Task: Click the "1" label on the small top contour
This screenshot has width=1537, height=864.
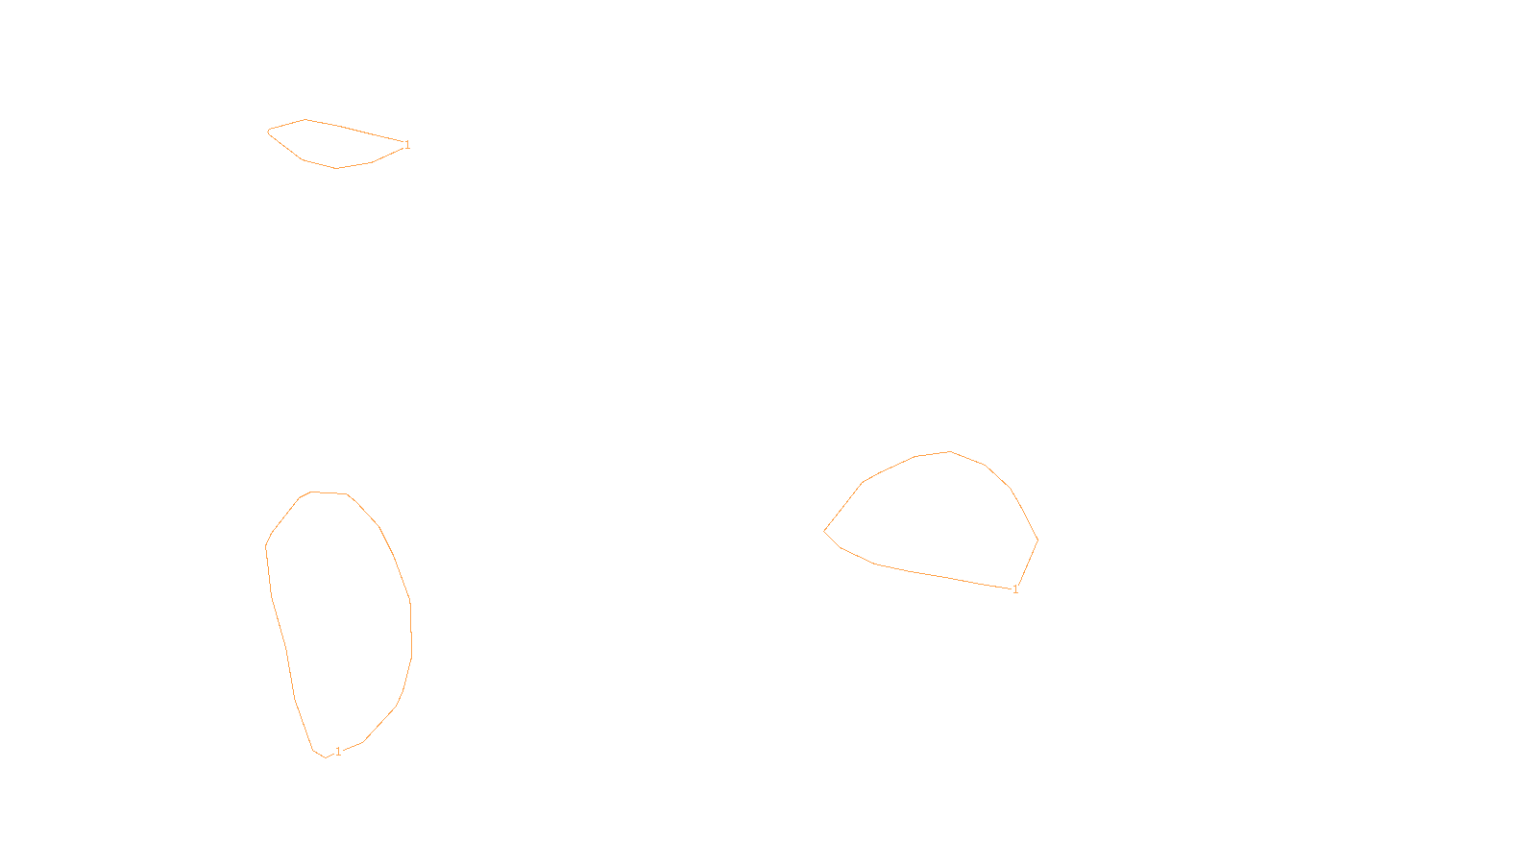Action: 407,145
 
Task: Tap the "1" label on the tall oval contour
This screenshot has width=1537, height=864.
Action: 338,752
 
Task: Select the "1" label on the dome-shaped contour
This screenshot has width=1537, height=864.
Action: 1015,589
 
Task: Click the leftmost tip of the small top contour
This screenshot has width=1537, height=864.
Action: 268,131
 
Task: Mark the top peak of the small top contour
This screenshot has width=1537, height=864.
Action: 305,120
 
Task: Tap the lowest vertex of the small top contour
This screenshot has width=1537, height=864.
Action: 336,168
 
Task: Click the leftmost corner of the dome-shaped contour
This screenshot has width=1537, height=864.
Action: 824,531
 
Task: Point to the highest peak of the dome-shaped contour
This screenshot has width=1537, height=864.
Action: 950,451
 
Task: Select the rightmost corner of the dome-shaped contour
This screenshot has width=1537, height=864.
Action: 1037,540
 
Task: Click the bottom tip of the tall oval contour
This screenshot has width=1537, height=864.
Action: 326,757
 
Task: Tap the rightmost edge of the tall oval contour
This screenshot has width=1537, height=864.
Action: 411,629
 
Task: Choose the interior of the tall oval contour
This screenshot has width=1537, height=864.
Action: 341,624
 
